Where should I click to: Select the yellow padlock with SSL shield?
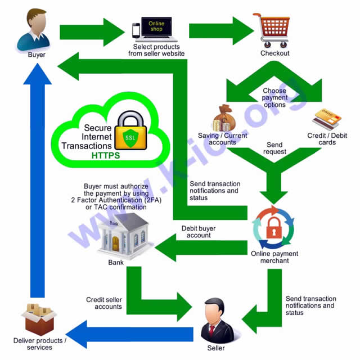(x=130, y=133)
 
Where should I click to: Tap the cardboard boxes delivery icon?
(x=39, y=319)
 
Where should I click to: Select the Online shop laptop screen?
(x=156, y=25)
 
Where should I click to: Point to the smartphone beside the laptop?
(x=136, y=30)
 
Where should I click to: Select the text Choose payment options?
(x=274, y=97)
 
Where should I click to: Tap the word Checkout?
(x=274, y=53)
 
